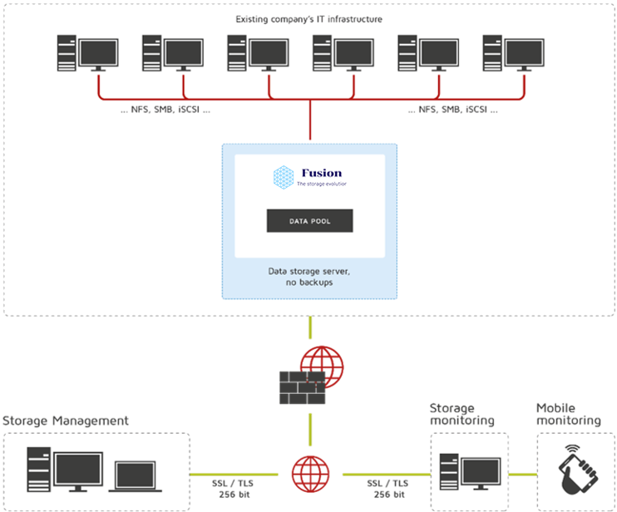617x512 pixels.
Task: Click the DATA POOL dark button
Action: tap(309, 220)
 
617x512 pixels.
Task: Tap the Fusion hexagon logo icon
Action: tap(284, 176)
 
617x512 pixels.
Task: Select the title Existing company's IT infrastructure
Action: tap(308, 19)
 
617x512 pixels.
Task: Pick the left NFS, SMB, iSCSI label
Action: tap(165, 109)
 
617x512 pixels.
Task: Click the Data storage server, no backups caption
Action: tap(308, 277)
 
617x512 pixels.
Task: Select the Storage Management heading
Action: tap(66, 421)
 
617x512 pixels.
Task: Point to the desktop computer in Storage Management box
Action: tap(65, 470)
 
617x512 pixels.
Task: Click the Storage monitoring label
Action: tap(462, 414)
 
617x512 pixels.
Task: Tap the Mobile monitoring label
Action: tap(568, 414)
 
